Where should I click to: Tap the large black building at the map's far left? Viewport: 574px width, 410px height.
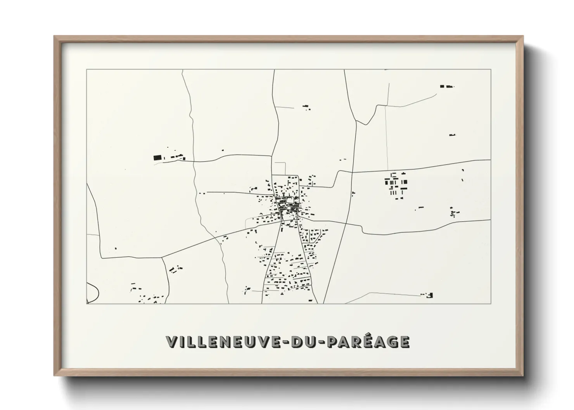157,157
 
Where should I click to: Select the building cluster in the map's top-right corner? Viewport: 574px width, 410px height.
446,86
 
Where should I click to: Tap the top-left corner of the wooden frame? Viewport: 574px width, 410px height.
55,37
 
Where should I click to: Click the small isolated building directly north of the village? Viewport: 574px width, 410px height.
306,106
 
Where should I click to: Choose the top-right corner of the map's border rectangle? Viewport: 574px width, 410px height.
491,70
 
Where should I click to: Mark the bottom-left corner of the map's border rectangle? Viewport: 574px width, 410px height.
87,303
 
